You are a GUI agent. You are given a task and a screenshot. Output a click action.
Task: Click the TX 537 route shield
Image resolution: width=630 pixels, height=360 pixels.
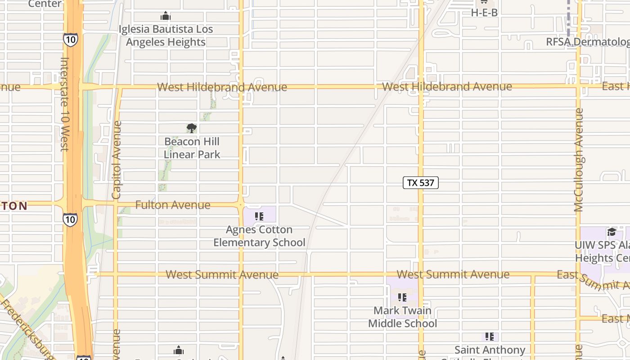[x=420, y=183]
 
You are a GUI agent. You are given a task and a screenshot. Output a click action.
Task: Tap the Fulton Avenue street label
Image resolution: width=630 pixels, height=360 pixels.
[x=173, y=205]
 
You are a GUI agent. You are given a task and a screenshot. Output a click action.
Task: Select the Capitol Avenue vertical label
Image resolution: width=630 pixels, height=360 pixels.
[x=117, y=160]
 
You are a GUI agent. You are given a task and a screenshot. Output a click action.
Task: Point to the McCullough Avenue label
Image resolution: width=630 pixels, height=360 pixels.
[x=579, y=160]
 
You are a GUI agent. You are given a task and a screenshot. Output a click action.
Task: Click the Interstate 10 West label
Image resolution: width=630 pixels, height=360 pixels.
[x=64, y=104]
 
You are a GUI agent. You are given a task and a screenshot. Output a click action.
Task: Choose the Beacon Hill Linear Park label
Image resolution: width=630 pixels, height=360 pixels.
[x=192, y=148]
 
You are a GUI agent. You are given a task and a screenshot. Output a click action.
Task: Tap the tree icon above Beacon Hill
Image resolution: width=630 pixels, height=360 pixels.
[x=192, y=128]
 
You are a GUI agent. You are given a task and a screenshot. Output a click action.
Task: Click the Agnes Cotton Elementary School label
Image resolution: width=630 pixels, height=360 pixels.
[x=259, y=236]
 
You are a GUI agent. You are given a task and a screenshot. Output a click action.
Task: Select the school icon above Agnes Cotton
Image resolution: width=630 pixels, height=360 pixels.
[x=259, y=216]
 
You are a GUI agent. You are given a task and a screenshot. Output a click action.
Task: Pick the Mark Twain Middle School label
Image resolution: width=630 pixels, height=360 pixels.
[x=402, y=317]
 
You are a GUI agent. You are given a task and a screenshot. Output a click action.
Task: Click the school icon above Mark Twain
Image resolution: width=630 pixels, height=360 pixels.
[x=402, y=297]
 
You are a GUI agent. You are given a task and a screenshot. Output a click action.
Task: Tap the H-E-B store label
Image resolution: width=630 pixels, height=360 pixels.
[x=484, y=13]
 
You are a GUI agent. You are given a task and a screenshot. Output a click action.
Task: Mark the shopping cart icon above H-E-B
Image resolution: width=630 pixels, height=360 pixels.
[x=484, y=2]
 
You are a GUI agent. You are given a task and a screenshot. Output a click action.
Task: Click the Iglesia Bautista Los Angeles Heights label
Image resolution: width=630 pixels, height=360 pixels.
[x=166, y=36]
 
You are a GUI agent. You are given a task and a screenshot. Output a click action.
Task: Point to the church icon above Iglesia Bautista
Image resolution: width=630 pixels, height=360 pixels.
[x=166, y=17]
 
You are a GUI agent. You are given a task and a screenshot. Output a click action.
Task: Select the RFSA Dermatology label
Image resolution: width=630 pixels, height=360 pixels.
[x=587, y=42]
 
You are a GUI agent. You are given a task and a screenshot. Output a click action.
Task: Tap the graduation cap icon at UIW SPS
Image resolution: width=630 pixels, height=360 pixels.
[x=612, y=232]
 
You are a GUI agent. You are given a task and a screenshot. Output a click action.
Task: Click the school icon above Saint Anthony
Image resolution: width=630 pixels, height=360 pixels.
[x=490, y=336]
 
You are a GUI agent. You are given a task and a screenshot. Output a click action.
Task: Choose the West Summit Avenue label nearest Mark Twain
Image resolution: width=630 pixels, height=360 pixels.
[x=453, y=274]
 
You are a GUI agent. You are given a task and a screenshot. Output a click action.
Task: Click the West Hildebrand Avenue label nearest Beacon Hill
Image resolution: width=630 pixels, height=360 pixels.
[x=222, y=87]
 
